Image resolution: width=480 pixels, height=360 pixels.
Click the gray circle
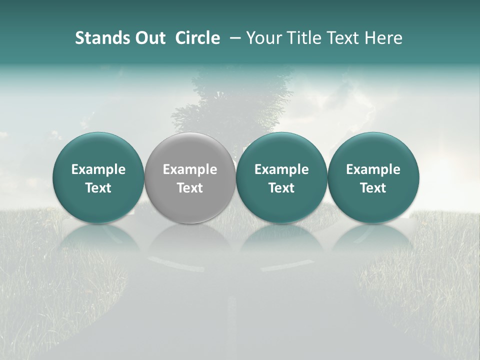pos(190,177)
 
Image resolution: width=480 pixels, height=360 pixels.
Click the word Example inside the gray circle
pos(190,169)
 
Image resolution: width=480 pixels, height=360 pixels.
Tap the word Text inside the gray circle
pos(190,188)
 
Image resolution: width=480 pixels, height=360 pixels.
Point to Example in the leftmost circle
pos(98,169)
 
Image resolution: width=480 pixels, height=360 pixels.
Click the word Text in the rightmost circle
pos(373,188)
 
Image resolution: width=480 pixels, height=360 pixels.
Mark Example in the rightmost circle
pos(373,169)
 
